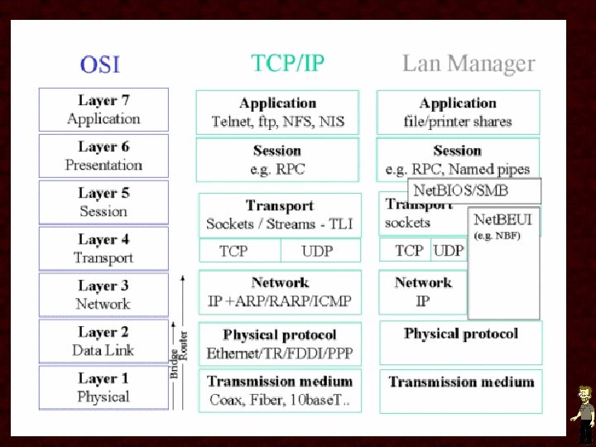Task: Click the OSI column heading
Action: click(99, 64)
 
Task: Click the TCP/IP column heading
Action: click(287, 63)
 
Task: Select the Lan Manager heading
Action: click(469, 64)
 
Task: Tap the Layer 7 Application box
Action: click(103, 110)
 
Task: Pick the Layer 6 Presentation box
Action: click(103, 156)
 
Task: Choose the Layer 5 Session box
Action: click(103, 202)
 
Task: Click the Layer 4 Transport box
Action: click(103, 248)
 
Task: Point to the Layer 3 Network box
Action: click(103, 295)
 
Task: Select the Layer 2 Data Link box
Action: click(103, 341)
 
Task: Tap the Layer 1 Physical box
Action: click(103, 387)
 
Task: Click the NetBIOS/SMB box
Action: click(473, 190)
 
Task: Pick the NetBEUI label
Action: click(502, 220)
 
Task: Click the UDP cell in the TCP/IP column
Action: click(319, 251)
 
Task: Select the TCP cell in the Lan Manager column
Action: click(409, 250)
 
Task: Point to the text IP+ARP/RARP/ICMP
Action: click(280, 301)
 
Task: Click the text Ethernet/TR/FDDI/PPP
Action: click(280, 353)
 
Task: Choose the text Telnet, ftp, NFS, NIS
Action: click(278, 122)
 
